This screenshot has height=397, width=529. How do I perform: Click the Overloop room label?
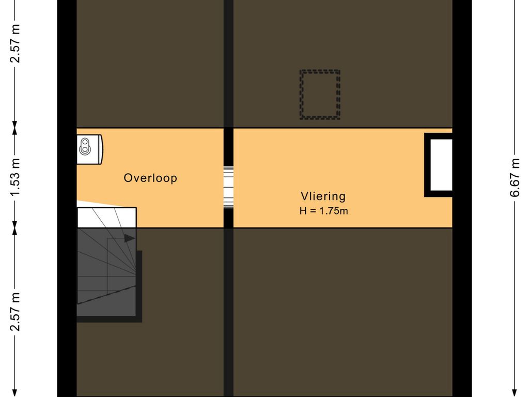(x=150, y=178)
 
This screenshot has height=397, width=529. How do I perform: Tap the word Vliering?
(x=323, y=196)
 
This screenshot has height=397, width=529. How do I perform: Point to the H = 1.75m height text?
(x=323, y=210)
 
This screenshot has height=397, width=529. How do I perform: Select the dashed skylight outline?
(x=320, y=95)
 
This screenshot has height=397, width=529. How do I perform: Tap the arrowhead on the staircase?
(x=130, y=238)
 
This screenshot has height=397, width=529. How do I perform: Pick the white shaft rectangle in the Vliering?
(x=440, y=165)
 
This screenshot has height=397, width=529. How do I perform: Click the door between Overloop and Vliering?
(x=228, y=187)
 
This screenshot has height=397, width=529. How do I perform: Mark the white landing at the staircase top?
(x=106, y=217)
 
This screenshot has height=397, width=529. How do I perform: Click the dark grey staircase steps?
(x=106, y=274)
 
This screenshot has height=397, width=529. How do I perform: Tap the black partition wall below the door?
(x=228, y=310)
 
